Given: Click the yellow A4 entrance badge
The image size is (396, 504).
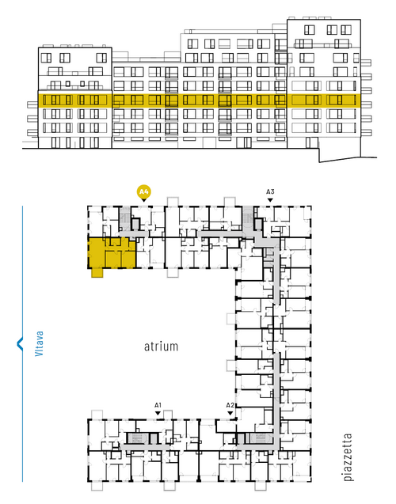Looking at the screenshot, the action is pos(144,192).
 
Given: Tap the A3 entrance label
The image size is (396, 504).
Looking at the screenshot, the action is pos(270,192).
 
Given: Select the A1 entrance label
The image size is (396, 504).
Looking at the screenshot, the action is pos(158,405).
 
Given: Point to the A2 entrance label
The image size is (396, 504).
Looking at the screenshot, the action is pos(230,405).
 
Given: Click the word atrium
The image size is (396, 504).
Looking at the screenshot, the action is pos(161,347).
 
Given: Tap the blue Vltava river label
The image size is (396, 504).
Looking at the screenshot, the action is pos(39,343).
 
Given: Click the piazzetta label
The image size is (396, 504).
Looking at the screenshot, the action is pos(348,457).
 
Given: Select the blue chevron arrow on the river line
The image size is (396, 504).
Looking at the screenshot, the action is pos(20,343).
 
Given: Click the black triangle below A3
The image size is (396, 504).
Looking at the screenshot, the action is pos(270,200).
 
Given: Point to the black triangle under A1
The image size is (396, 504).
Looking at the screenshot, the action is pos(158,413).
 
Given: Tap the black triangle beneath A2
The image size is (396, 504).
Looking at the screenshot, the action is pos(230,413).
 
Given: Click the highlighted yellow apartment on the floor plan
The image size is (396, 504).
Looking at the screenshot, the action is pos(112,253).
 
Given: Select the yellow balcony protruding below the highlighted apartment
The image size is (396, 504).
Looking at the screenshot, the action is pos(97,273).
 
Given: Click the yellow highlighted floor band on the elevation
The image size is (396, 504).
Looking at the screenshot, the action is pos(199,100).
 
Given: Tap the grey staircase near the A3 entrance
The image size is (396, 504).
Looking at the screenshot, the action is pos(248,218).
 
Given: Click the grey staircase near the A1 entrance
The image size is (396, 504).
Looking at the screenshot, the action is pos(137,438).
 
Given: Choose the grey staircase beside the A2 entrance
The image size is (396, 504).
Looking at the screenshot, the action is pos(259,438).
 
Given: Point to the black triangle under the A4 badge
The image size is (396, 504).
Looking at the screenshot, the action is pos(144,200).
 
